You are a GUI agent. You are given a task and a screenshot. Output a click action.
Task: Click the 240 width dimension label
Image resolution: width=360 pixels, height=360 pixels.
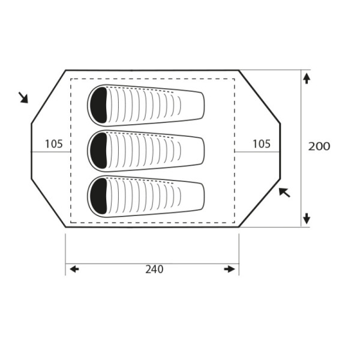[x=154, y=269]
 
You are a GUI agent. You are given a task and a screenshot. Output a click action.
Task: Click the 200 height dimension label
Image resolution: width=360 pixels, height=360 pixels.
[x=319, y=146]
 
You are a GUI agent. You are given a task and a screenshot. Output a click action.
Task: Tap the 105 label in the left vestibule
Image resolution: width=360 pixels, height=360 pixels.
[x=54, y=144]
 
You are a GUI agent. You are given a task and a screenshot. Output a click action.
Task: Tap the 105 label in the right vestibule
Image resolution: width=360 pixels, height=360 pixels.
[x=262, y=144]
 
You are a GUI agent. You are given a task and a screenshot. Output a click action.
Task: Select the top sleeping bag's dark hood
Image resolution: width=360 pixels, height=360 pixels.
[x=99, y=105]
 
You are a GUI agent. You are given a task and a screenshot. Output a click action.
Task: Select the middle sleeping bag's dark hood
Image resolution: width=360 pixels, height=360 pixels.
[x=99, y=151]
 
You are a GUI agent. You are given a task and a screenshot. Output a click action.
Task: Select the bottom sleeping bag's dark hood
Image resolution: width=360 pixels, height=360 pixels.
[x=99, y=196]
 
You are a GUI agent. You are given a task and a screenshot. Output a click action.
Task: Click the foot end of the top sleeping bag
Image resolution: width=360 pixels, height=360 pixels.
[x=203, y=106]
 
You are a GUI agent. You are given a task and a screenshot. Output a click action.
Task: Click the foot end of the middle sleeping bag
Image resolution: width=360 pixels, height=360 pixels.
[x=203, y=151]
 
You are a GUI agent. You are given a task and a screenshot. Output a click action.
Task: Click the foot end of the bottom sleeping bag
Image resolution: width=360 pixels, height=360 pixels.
[x=203, y=197]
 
